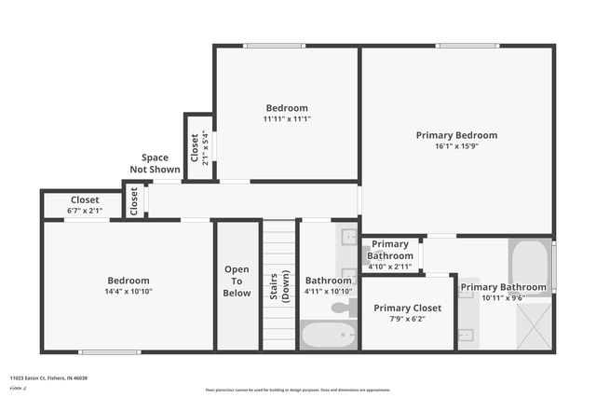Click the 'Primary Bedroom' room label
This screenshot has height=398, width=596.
pos(456,135)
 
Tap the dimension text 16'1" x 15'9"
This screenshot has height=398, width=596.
pos(456,146)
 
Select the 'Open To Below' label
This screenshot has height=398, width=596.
pos(237,281)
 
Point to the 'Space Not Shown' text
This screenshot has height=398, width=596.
pos(156,164)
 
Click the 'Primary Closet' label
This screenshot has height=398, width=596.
pos(407,308)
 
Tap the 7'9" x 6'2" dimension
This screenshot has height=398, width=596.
pos(407,320)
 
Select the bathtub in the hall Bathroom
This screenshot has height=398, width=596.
pos(328,336)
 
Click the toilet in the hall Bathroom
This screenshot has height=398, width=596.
pos(343,308)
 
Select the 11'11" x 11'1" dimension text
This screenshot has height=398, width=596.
pos(286,119)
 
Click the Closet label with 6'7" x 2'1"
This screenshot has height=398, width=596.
pos(85,199)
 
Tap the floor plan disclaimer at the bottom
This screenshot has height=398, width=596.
pos(298,390)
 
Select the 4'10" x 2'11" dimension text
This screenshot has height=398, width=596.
pos(389,268)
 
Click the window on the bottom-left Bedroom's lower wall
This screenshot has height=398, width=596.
pos(109,352)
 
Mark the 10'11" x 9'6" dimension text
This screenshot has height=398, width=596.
pos(503,298)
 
